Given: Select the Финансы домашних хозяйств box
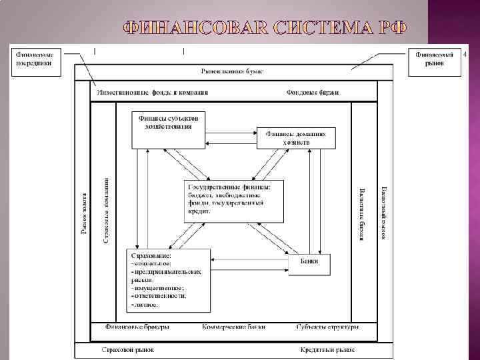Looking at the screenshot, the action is [296, 137].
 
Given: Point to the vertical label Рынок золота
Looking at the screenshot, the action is [84, 210].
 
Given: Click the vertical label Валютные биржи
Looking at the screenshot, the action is [362, 213].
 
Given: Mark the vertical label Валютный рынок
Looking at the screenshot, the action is [383, 213].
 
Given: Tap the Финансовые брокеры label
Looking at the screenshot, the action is [137, 327].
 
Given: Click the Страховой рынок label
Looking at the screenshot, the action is [127, 349].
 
